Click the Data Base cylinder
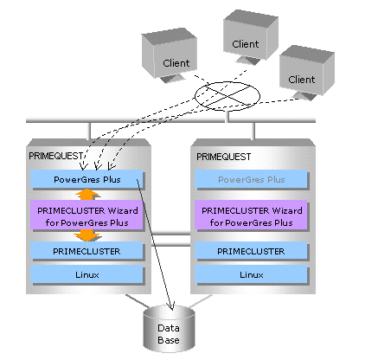tap(169, 328)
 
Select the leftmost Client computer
tap(170, 55)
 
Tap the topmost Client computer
tap(251, 37)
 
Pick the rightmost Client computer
tap(307, 73)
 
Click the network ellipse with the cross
tap(227, 96)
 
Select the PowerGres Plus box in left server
tap(86, 179)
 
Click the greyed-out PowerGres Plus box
tap(251, 179)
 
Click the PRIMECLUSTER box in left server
tap(86, 251)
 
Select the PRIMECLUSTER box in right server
tap(251, 251)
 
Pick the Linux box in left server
tap(86, 274)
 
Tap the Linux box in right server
tap(251, 274)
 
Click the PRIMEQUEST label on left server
tap(55, 156)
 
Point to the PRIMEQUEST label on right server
tap(224, 157)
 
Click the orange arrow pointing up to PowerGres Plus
tap(87, 195)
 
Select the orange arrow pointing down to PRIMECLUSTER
tap(87, 235)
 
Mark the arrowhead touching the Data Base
tap(172, 306)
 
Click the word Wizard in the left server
tap(123, 210)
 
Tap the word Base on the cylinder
tap(169, 340)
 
